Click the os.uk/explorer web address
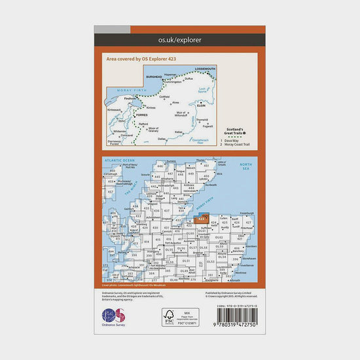pos(180,40)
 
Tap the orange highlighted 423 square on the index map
pos(202,219)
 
